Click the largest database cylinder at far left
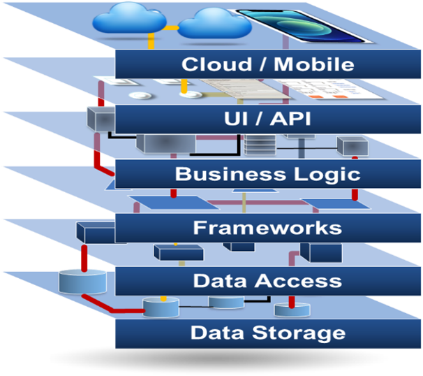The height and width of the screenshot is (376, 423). point(82,280)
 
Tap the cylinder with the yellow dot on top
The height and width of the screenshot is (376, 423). point(161,306)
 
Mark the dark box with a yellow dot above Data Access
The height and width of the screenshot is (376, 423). point(173,252)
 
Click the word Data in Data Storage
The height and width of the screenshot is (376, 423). point(214,333)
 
